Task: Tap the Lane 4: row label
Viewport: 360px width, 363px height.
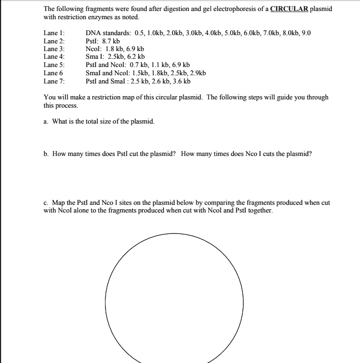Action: click(54, 57)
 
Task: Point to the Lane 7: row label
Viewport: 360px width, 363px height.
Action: click(54, 81)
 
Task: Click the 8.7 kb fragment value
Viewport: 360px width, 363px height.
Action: click(111, 41)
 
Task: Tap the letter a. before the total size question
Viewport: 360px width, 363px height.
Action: click(46, 121)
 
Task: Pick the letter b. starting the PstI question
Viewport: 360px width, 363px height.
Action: click(46, 154)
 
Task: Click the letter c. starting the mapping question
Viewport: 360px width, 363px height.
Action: click(46, 203)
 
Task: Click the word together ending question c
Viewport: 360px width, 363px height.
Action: click(259, 210)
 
